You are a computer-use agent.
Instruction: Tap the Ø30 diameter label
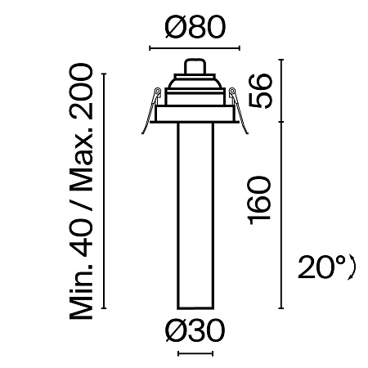[x=194, y=331]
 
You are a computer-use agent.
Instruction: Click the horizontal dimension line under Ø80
[x=194, y=49]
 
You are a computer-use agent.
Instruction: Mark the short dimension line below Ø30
[x=194, y=354]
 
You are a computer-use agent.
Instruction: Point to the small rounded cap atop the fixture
[x=194, y=66]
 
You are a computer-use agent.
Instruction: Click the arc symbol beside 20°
[x=352, y=267]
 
